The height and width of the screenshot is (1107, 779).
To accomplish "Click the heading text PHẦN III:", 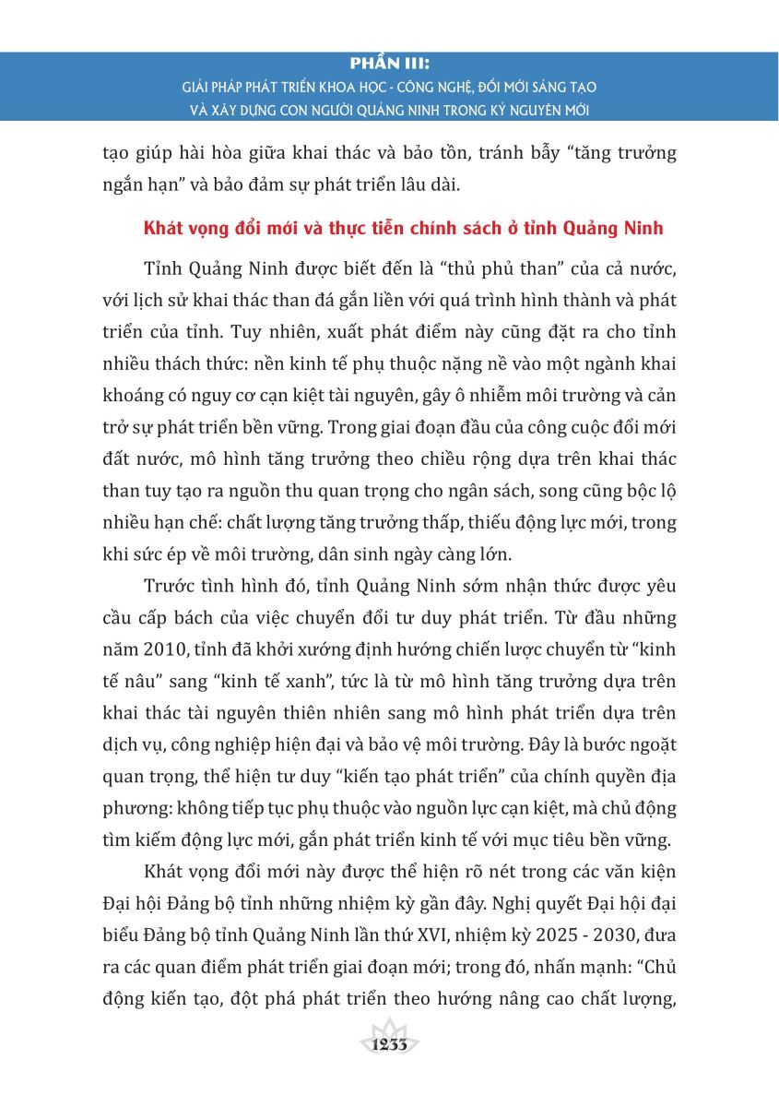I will [x=390, y=65].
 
